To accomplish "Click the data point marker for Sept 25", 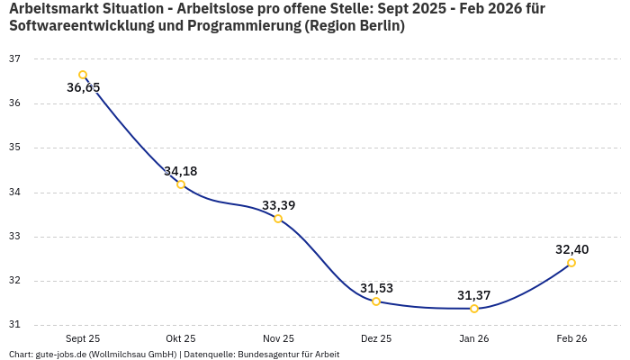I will pos(83,75).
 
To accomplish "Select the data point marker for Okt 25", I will pos(181,184).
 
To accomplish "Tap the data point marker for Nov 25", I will pos(278,219).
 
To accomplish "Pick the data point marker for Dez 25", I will pos(376,301).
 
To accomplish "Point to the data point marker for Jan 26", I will pos(474,309).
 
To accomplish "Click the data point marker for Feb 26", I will pos(571,263).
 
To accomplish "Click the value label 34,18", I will pos(181,171).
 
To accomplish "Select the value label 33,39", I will pos(278,205).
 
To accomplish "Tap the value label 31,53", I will pos(376,288).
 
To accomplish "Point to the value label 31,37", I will pos(474,295).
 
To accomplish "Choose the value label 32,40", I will pos(571,249).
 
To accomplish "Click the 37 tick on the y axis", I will pos(14,59).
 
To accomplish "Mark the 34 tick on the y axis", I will pos(14,193).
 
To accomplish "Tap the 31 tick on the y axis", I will pos(14,325).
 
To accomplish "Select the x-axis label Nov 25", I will pos(278,338).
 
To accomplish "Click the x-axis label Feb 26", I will pos(571,338).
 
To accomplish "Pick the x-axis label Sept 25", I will pos(83,338).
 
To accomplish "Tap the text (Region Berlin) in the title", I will pos(355,26).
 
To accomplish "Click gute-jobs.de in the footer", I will pos(63,355).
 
